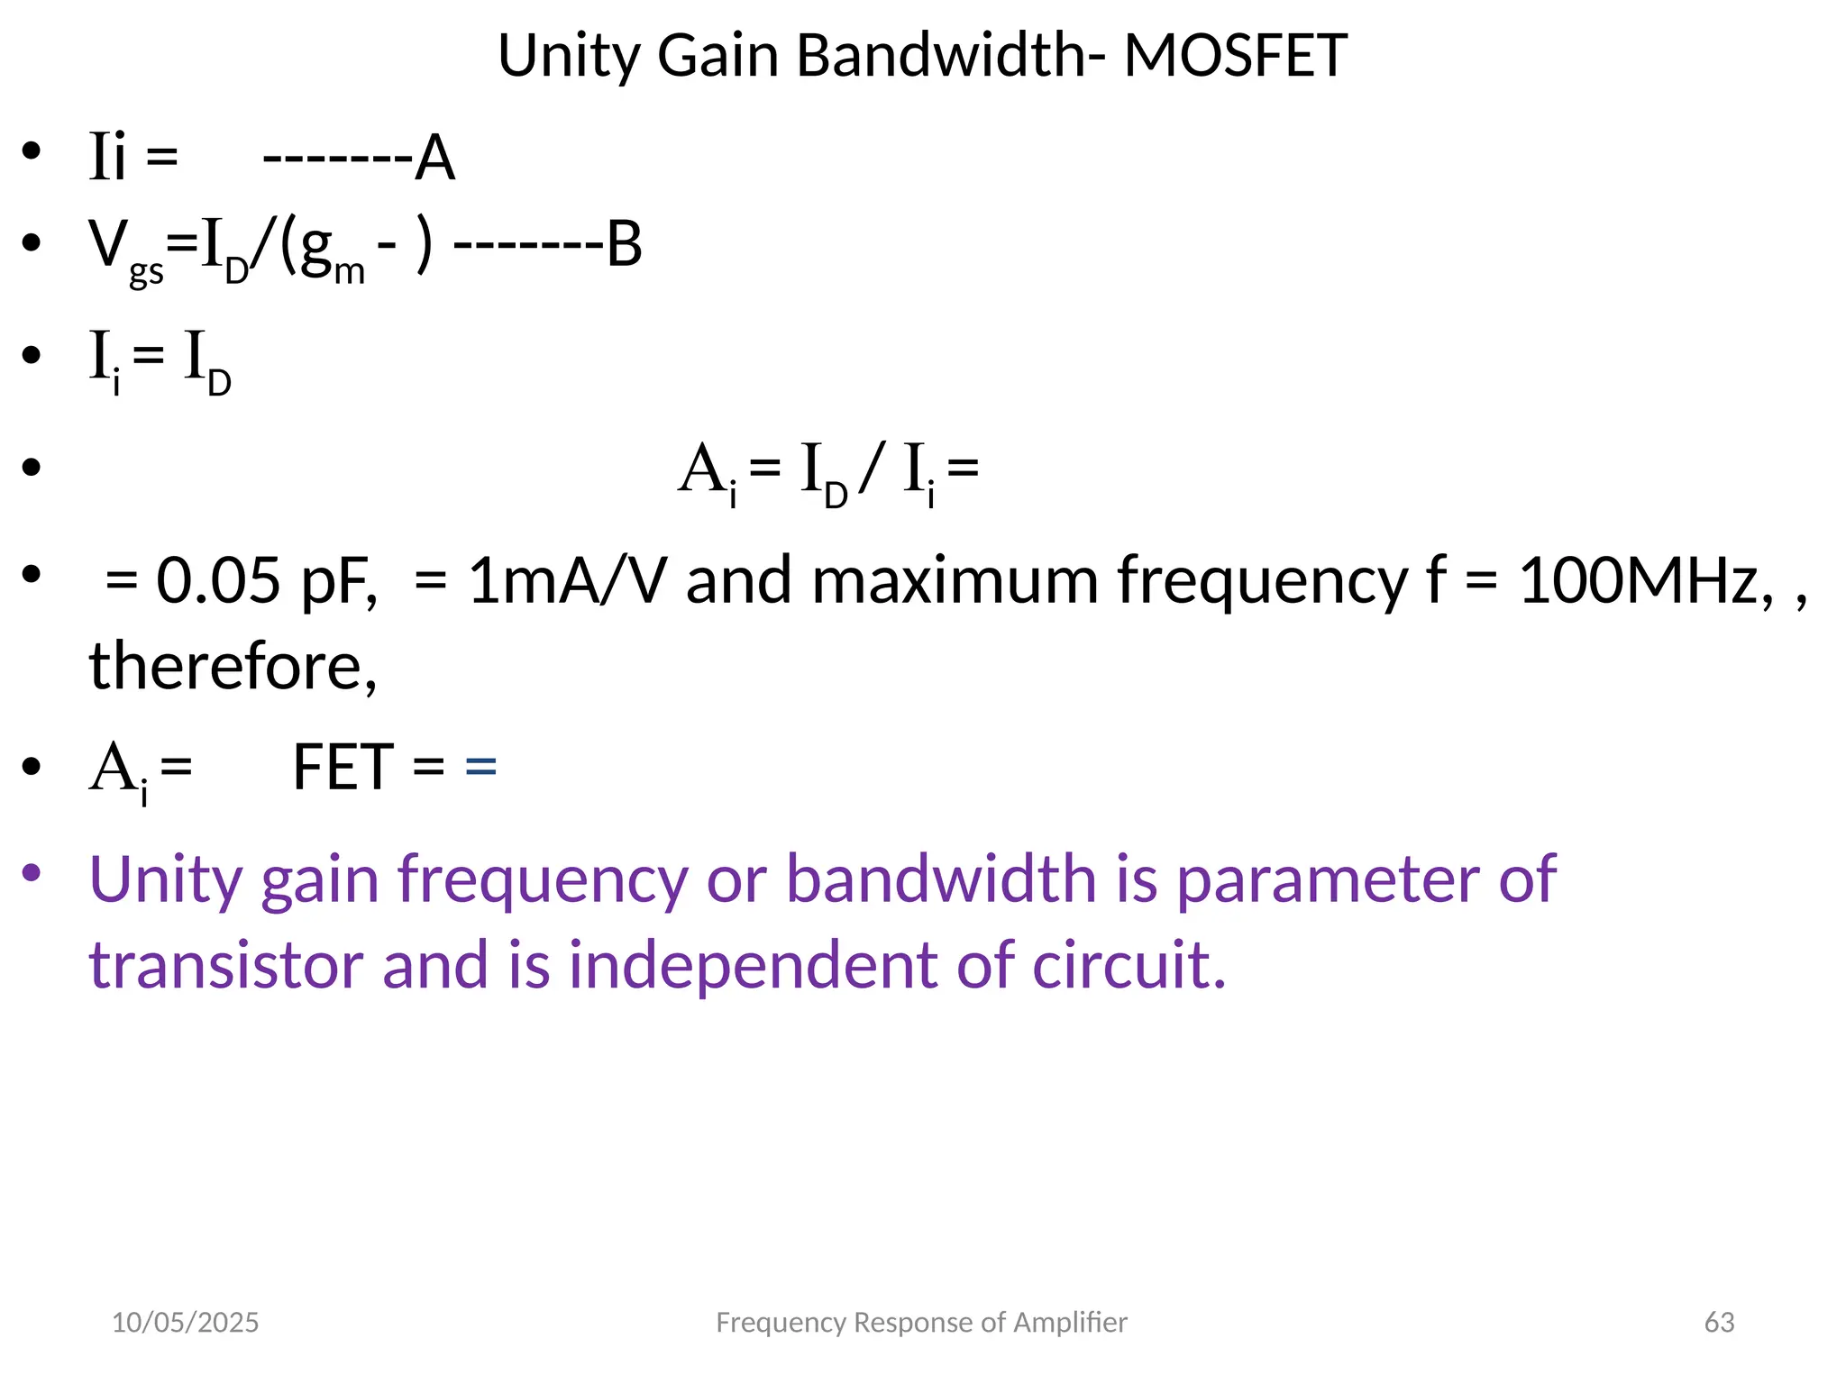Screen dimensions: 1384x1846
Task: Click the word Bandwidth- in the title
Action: [x=950, y=56]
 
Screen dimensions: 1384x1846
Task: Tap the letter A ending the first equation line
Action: [x=434, y=159]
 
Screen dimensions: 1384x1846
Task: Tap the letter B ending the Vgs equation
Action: [x=624, y=244]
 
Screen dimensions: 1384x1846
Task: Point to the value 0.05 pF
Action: [x=265, y=580]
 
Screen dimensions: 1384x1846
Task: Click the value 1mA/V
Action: [x=567, y=580]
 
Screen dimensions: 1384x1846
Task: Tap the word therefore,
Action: [x=233, y=667]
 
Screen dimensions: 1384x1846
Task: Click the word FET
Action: [x=343, y=767]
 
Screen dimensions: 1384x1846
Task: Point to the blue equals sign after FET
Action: [x=481, y=767]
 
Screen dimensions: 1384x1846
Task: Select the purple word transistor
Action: [x=226, y=964]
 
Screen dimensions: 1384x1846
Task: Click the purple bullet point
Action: [x=32, y=871]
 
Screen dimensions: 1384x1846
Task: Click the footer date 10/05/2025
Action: [x=185, y=1322]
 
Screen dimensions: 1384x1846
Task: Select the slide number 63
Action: [x=1719, y=1322]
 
